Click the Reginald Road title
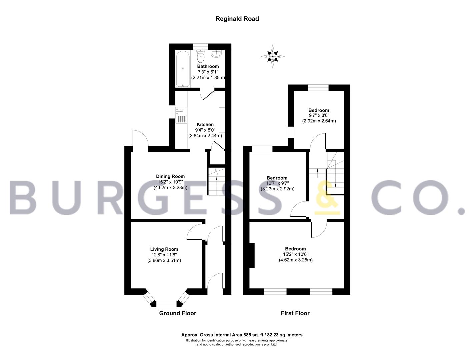[237, 19]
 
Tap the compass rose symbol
[273, 56]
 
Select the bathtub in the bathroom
[183, 69]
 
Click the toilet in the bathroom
[201, 56]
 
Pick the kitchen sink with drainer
[181, 115]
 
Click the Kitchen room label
[205, 124]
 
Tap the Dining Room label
[170, 176]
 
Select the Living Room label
[164, 249]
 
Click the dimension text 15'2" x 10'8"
[296, 254]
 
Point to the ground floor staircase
[216, 181]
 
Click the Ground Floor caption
[178, 313]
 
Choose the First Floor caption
[295, 313]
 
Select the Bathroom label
[208, 66]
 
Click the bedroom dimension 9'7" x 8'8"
[319, 116]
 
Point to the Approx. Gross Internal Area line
[242, 335]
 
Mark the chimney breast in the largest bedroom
[252, 255]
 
